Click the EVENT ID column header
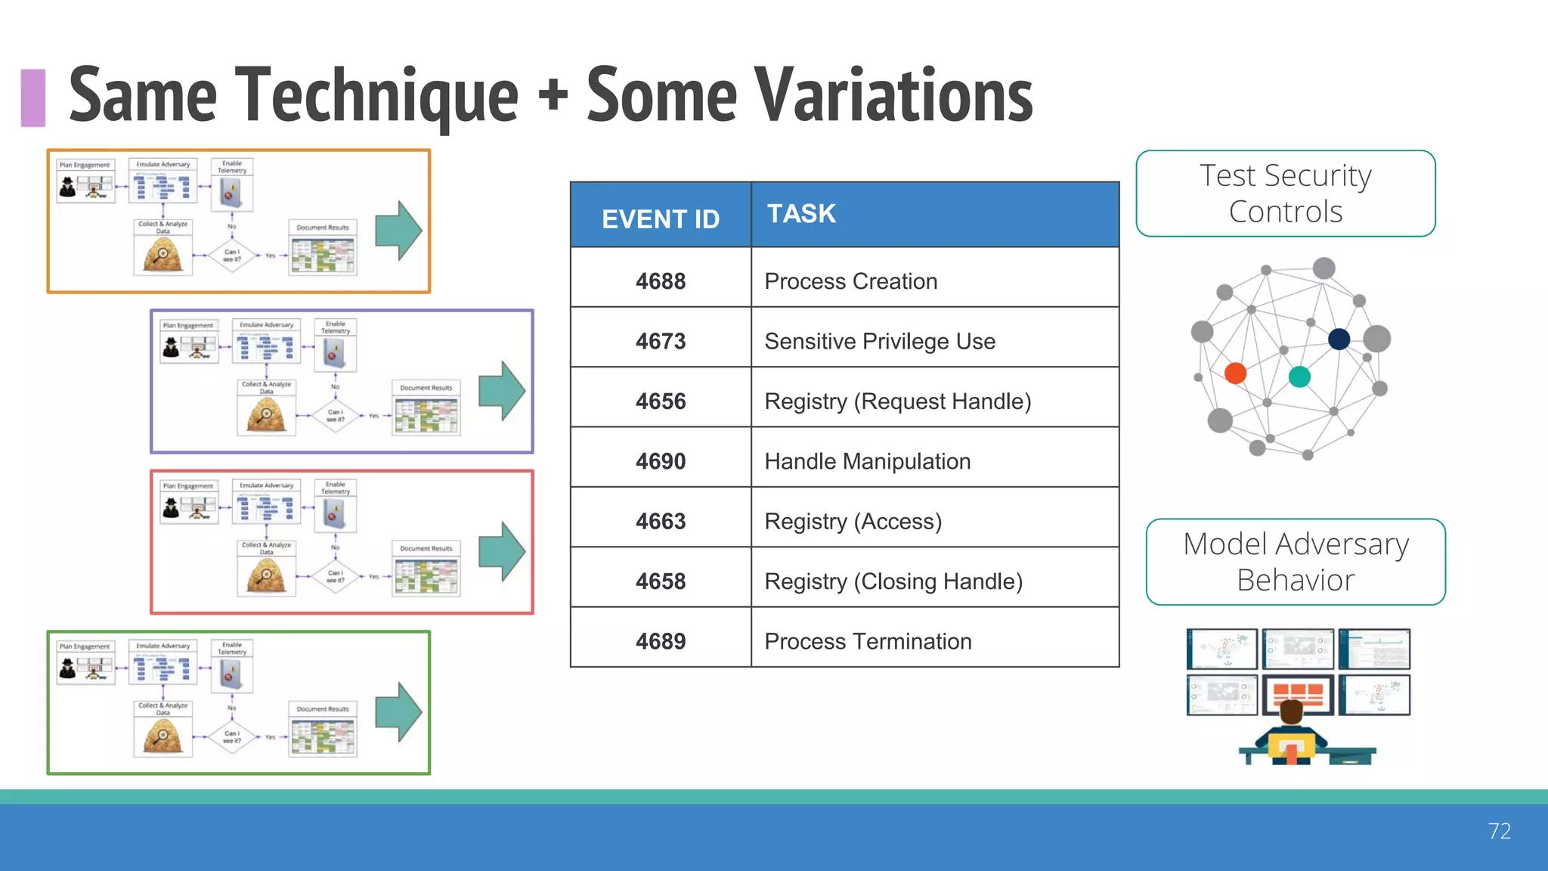661,219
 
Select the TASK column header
802,214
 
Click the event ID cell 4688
661,281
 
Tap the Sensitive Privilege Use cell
880,341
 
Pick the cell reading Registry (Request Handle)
897,401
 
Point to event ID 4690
661,461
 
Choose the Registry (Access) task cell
853,522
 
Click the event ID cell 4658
661,581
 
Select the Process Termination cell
868,641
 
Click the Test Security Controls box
1285,194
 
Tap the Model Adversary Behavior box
1296,562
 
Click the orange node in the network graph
1235,373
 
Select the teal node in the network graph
1299,377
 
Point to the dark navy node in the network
1339,339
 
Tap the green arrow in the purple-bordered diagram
502,391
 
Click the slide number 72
1499,831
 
